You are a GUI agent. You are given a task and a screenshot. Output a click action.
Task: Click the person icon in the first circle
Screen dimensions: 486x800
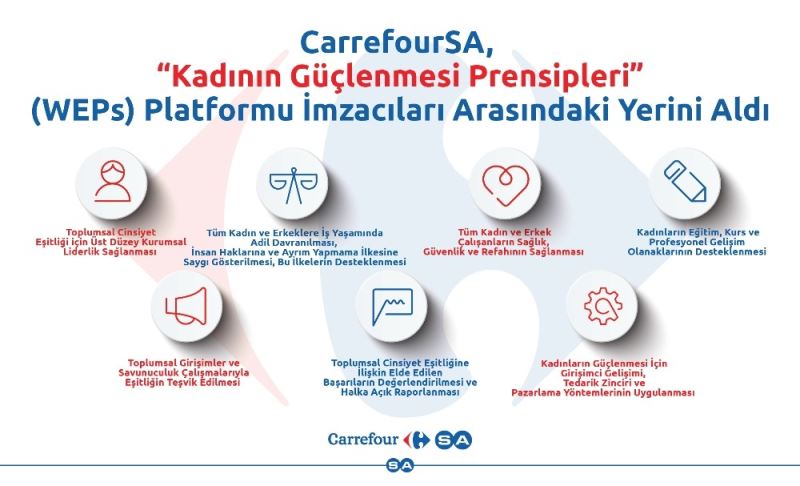pos(111,182)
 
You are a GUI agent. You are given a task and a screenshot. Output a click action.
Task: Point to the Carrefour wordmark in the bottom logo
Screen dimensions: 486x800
pos(364,438)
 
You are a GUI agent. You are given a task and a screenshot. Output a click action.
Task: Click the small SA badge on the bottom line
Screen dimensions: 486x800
pos(400,465)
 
